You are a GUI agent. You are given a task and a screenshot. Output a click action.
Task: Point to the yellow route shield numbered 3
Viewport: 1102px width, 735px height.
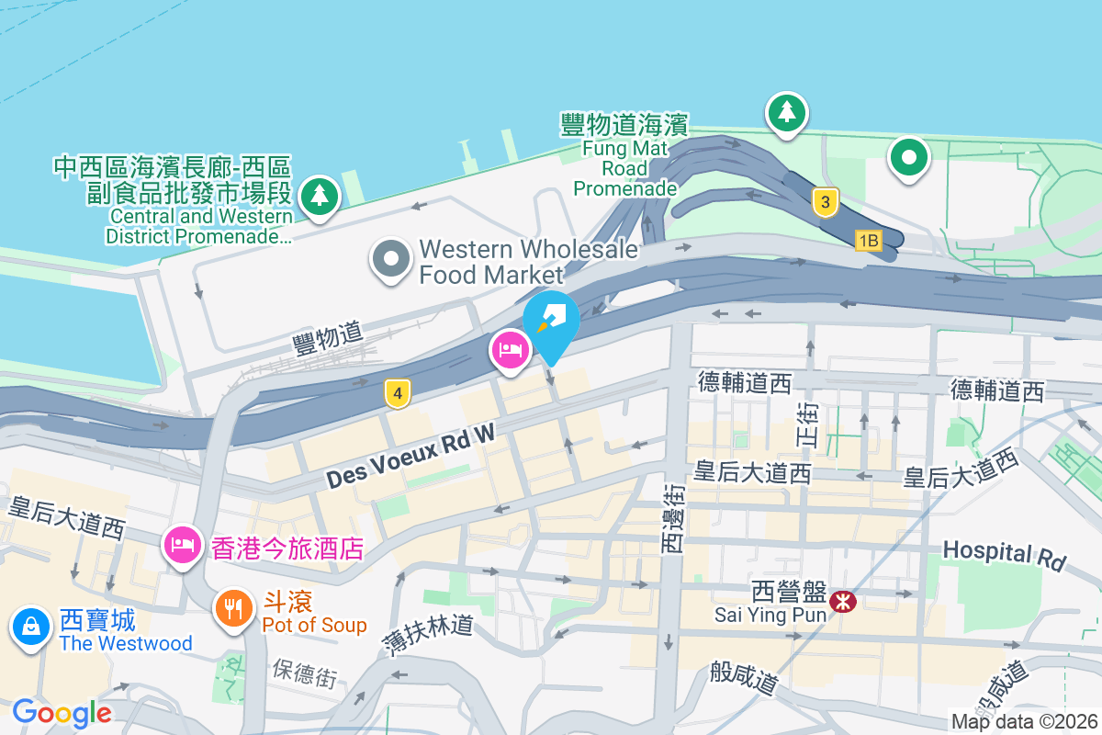coord(826,202)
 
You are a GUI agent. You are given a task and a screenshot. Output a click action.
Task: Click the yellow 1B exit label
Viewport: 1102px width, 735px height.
coord(868,241)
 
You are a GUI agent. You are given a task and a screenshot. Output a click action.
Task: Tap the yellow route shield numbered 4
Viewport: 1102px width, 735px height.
coord(397,394)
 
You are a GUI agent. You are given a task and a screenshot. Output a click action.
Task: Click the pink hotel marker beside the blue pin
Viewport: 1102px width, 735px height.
coord(510,350)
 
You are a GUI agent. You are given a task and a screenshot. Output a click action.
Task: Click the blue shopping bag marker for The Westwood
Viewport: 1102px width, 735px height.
coord(31,627)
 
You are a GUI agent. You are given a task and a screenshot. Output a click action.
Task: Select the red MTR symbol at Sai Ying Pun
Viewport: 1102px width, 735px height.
coord(842,602)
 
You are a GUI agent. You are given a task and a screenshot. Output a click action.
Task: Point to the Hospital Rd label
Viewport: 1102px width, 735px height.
coord(1004,554)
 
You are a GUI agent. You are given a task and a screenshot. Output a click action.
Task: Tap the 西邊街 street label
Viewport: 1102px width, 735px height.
coord(671,518)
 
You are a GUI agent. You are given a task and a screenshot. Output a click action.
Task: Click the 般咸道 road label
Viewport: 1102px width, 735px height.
coord(745,679)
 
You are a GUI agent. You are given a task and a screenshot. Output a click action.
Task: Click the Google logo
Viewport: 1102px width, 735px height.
coord(62,713)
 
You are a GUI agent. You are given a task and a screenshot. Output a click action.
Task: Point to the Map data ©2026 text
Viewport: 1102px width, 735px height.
coord(1024,721)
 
